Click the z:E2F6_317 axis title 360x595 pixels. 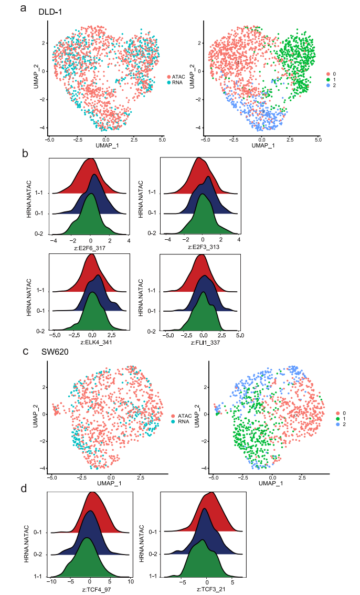tap(90, 247)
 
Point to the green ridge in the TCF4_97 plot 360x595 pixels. tap(87, 559)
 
